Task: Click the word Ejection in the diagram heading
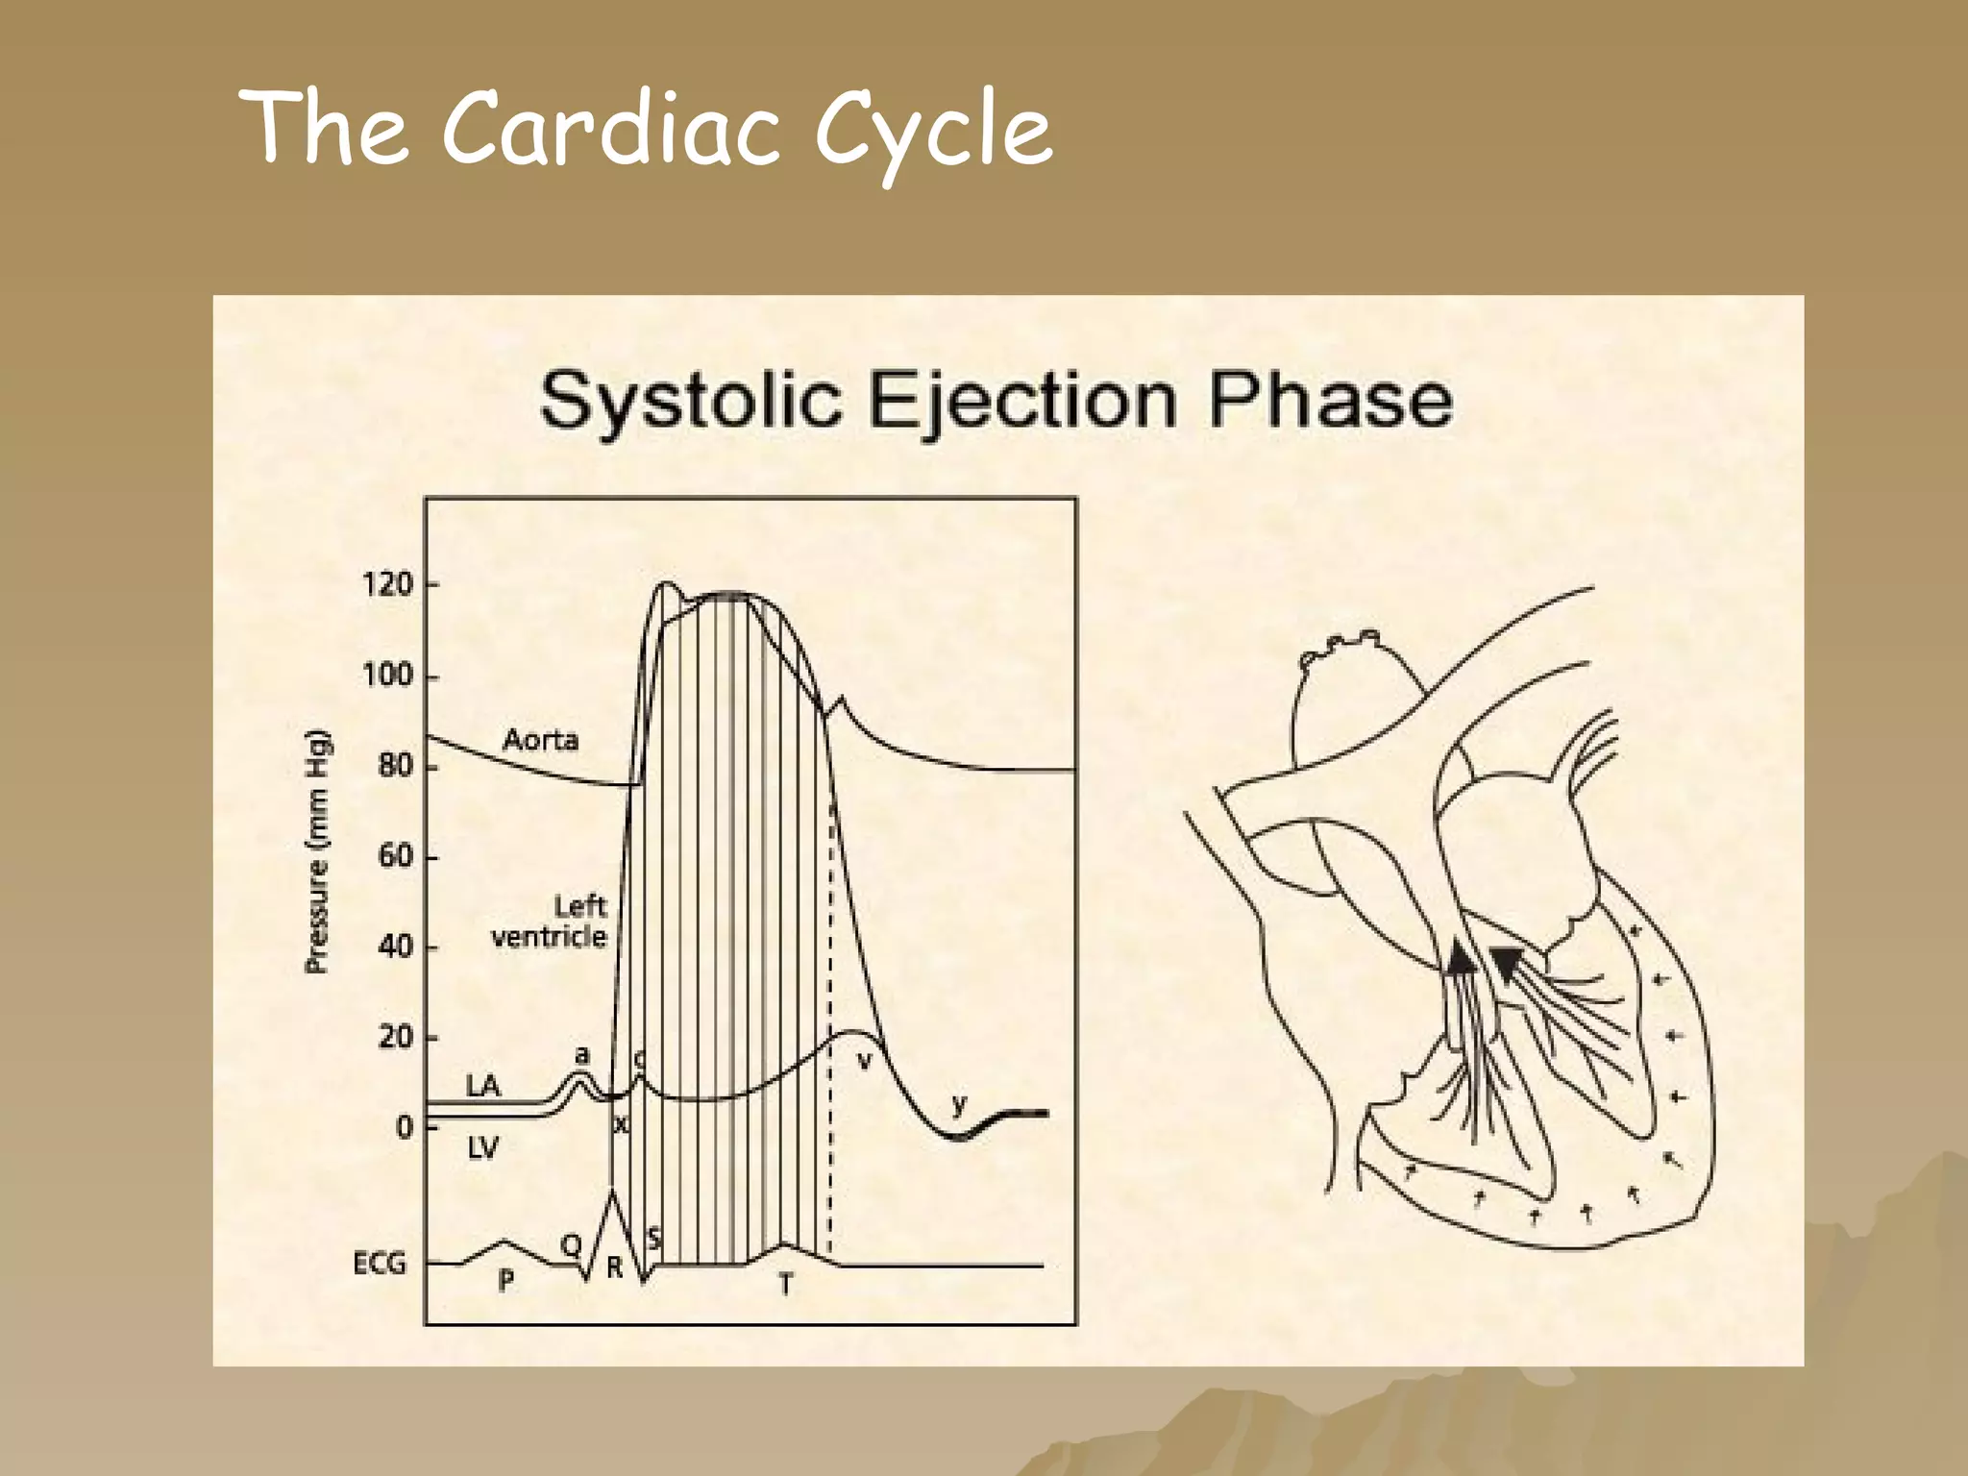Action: tap(1022, 401)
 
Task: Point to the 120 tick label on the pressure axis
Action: tap(387, 584)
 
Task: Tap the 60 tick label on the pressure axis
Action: tap(395, 856)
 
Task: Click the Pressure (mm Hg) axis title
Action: tap(317, 851)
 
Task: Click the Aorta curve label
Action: tap(541, 740)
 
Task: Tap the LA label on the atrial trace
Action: tap(483, 1086)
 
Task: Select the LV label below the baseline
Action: tap(483, 1147)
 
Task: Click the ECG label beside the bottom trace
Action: tap(380, 1264)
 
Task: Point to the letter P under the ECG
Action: tap(506, 1281)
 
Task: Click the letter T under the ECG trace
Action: tap(785, 1284)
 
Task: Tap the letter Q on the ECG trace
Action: tap(571, 1245)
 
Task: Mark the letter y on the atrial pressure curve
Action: tap(958, 1105)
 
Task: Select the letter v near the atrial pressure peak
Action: tap(865, 1060)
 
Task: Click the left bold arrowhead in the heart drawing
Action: tap(1460, 957)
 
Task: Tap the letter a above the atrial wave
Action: tap(580, 1056)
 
